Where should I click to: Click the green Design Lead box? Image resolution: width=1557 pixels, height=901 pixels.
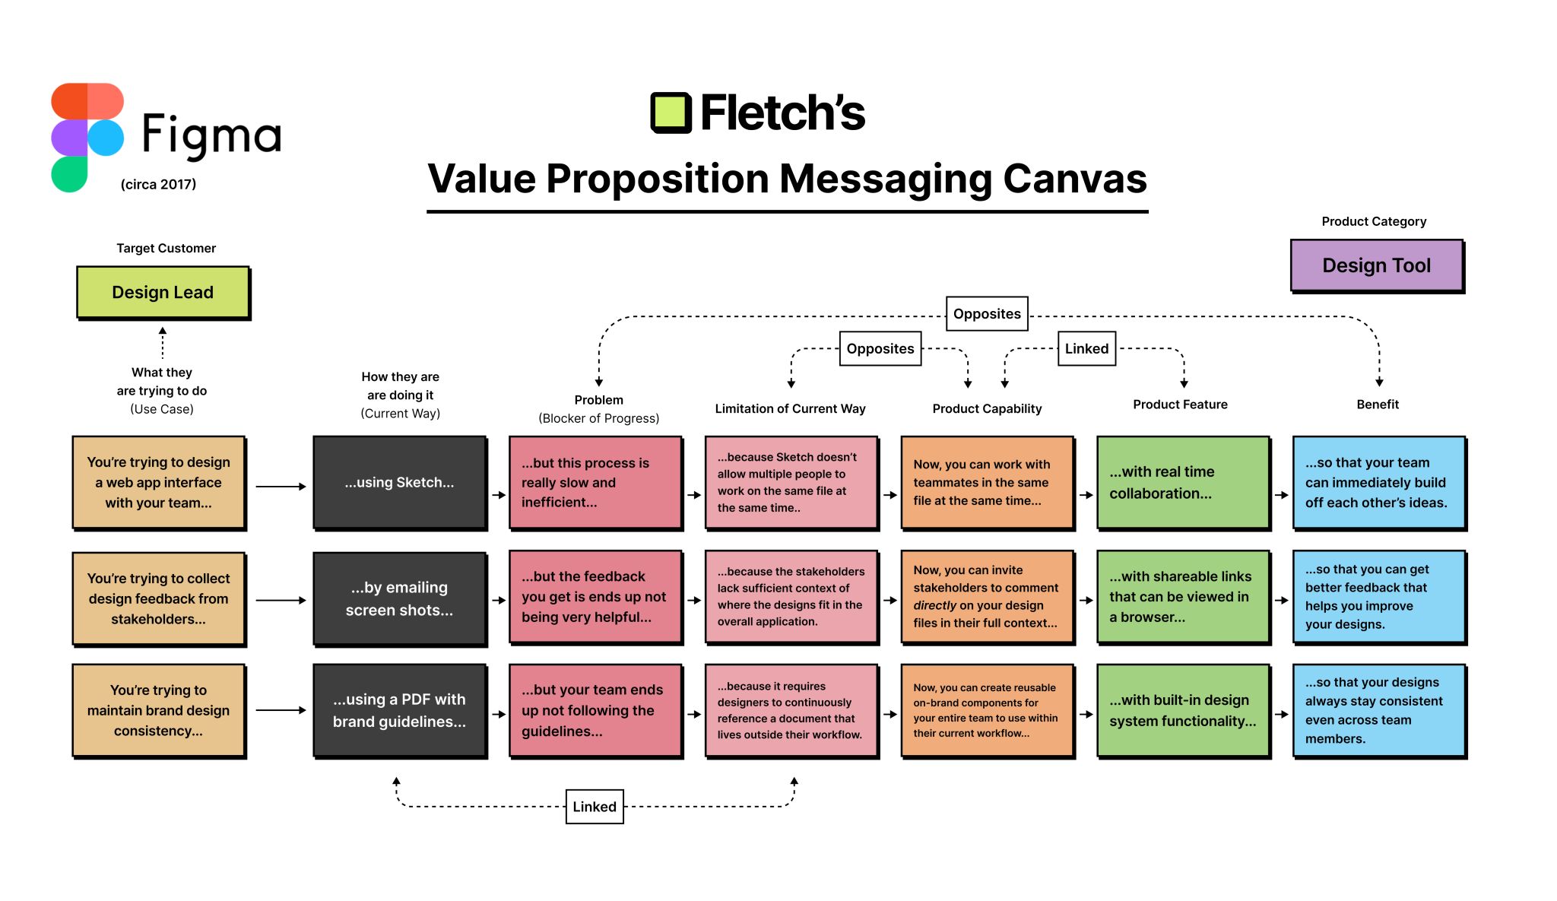pos(163,292)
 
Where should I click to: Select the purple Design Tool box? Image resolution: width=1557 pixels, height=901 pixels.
pos(1376,265)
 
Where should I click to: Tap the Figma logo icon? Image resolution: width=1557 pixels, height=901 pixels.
pos(87,137)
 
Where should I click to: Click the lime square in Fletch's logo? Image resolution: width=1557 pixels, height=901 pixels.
pos(671,113)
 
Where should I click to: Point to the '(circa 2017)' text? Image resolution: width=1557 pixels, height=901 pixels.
pos(158,184)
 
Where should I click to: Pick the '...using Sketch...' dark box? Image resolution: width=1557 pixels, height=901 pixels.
pos(399,482)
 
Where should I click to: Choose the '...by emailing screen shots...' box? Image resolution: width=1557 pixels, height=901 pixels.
pos(399,598)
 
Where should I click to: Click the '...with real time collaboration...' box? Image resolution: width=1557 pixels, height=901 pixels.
pos(1183,482)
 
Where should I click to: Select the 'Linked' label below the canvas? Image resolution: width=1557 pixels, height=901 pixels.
pos(595,807)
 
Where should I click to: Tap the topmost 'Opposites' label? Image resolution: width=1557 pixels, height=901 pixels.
pos(987,314)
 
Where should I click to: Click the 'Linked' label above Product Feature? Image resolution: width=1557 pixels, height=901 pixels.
pos(1086,349)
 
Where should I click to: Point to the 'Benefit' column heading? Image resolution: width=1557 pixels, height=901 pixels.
pos(1378,404)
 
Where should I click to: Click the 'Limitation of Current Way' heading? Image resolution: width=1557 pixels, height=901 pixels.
pos(790,408)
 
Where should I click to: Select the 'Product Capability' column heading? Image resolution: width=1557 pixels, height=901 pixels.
pos(987,408)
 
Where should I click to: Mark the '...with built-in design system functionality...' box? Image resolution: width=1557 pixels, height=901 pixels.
pos(1183,710)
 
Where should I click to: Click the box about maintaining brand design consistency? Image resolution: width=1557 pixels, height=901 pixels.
pos(158,710)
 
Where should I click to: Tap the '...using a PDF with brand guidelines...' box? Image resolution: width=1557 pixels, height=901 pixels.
pos(399,710)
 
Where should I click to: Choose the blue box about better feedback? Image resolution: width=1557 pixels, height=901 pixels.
pos(1379,597)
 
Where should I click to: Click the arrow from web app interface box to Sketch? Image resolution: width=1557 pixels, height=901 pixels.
pos(281,487)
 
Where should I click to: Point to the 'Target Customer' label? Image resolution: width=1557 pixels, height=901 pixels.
pos(166,248)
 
